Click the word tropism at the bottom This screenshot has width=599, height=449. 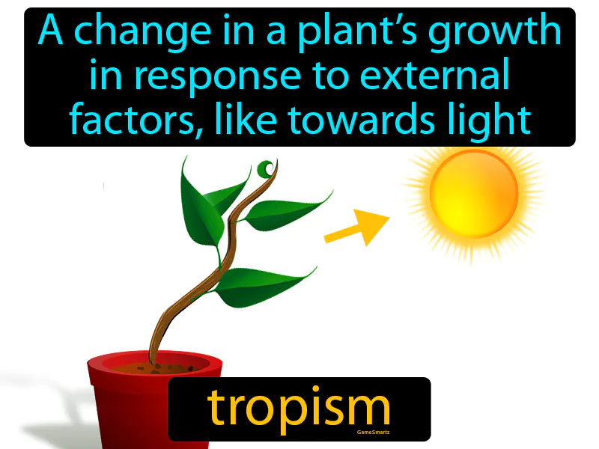coord(299,409)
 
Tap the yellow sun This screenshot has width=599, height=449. coord(473,193)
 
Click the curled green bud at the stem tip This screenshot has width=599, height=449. coord(266,169)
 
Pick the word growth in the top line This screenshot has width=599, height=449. coord(502,32)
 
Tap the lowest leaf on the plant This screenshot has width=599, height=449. coord(262,285)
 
